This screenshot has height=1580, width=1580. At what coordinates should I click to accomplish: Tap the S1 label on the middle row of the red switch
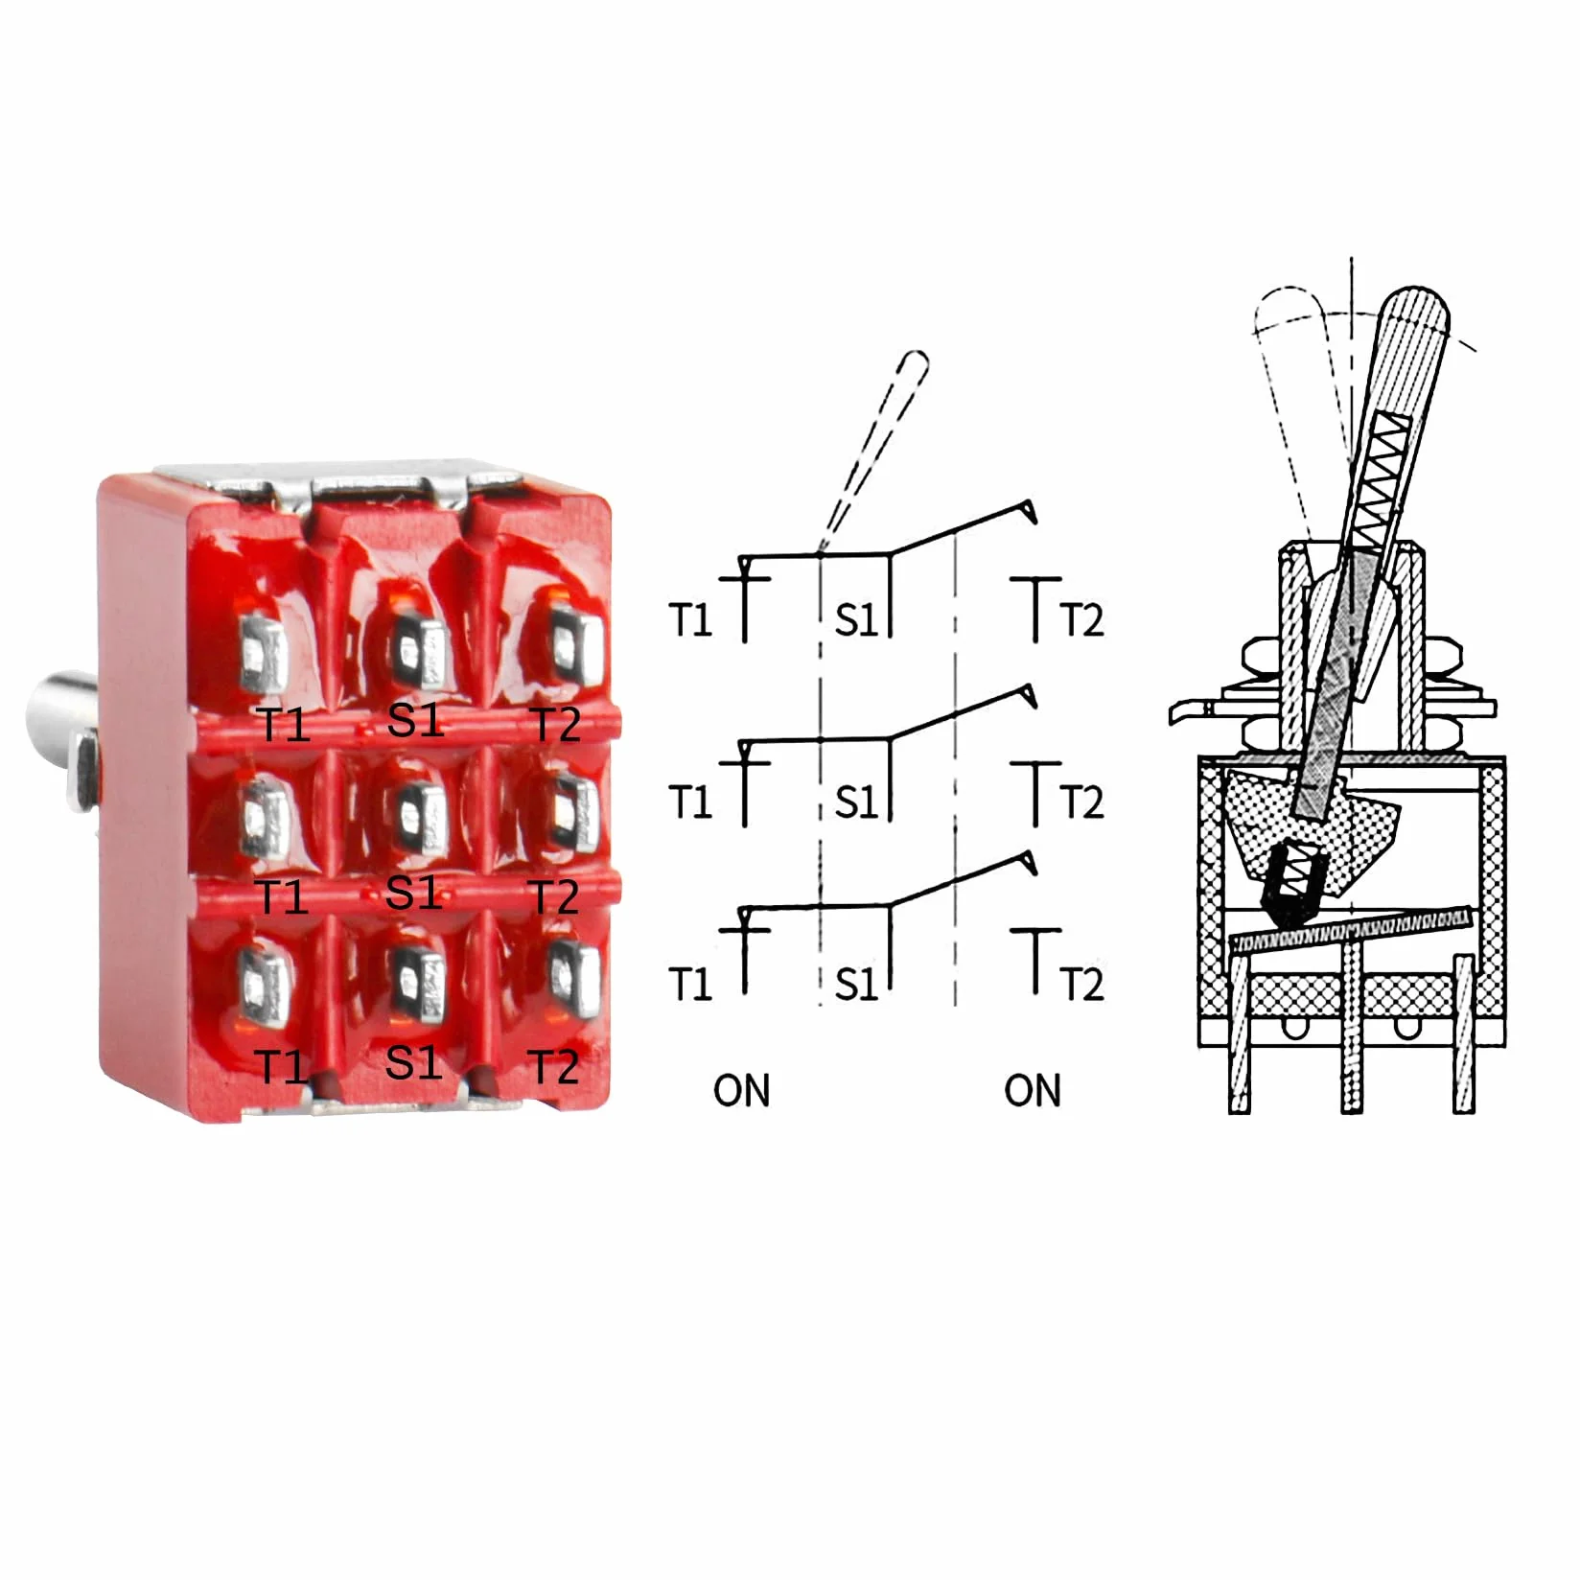point(414,892)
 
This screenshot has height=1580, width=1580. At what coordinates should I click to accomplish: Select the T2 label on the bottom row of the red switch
point(555,1066)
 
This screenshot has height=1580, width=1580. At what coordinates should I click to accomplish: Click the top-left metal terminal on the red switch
point(262,654)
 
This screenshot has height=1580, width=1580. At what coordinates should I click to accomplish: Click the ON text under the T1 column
point(741,1091)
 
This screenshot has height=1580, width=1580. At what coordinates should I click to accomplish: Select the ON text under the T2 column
point(1033,1091)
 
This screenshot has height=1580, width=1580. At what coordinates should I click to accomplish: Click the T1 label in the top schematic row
point(690,620)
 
